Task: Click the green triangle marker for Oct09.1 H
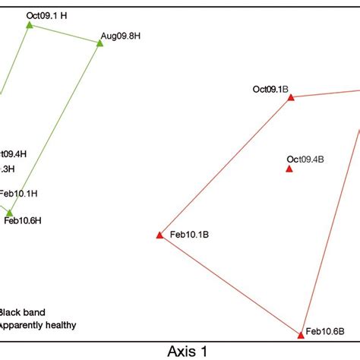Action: pos(30,25)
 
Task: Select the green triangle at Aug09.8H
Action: pos(99,43)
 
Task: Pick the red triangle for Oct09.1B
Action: pos(290,97)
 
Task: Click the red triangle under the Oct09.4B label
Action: pos(289,169)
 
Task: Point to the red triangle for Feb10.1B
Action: pos(159,235)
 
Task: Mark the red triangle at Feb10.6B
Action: pos(300,333)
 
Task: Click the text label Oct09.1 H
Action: pos(47,14)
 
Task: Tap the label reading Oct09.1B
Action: pos(270,89)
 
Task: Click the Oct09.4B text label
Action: pos(305,159)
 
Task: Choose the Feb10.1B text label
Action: pos(189,235)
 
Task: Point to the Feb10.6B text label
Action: pos(325,332)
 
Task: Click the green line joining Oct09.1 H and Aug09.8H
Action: pos(65,34)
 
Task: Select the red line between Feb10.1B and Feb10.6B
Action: pos(229,284)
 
